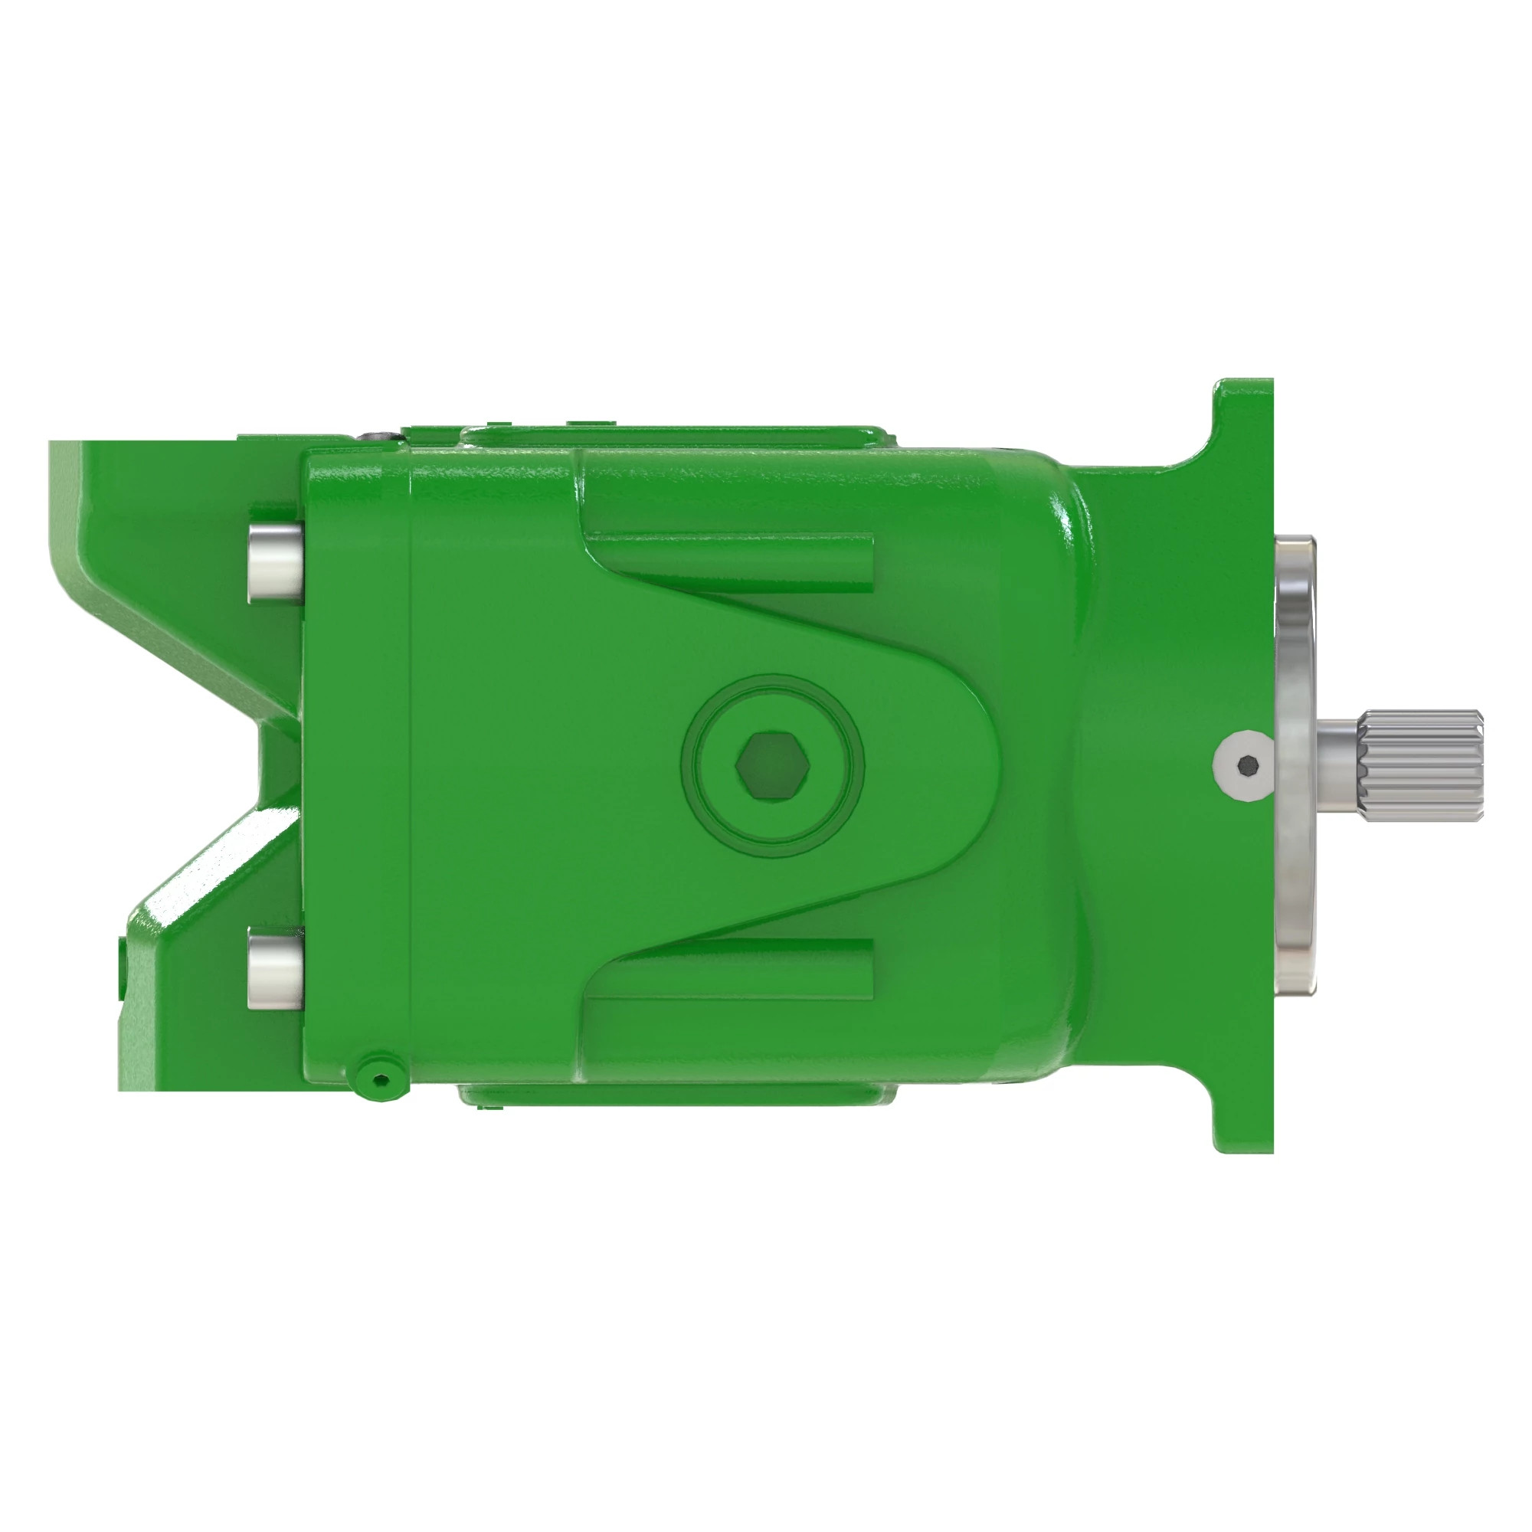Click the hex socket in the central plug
pos(772,766)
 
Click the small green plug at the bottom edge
pos(381,1079)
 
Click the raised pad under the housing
pos(674,1098)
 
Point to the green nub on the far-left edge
pos(122,967)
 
